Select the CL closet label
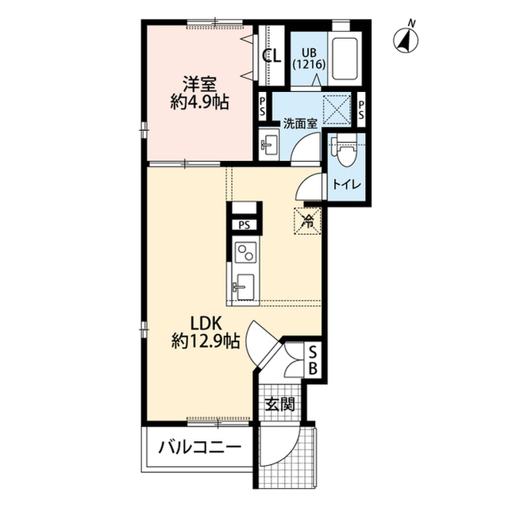(x=271, y=56)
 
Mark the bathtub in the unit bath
(x=344, y=56)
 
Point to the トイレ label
(x=346, y=184)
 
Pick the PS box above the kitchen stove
(x=244, y=225)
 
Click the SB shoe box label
(x=313, y=360)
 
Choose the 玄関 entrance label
(x=280, y=405)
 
